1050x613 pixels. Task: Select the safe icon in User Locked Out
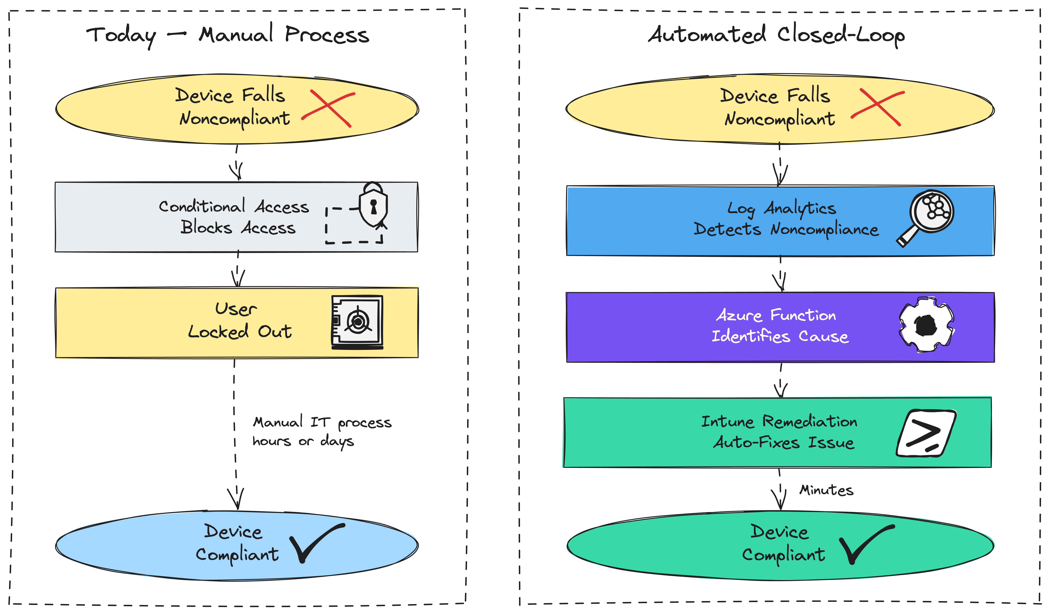point(357,322)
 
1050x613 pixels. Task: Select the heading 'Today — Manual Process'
point(228,35)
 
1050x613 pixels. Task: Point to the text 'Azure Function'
point(776,315)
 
